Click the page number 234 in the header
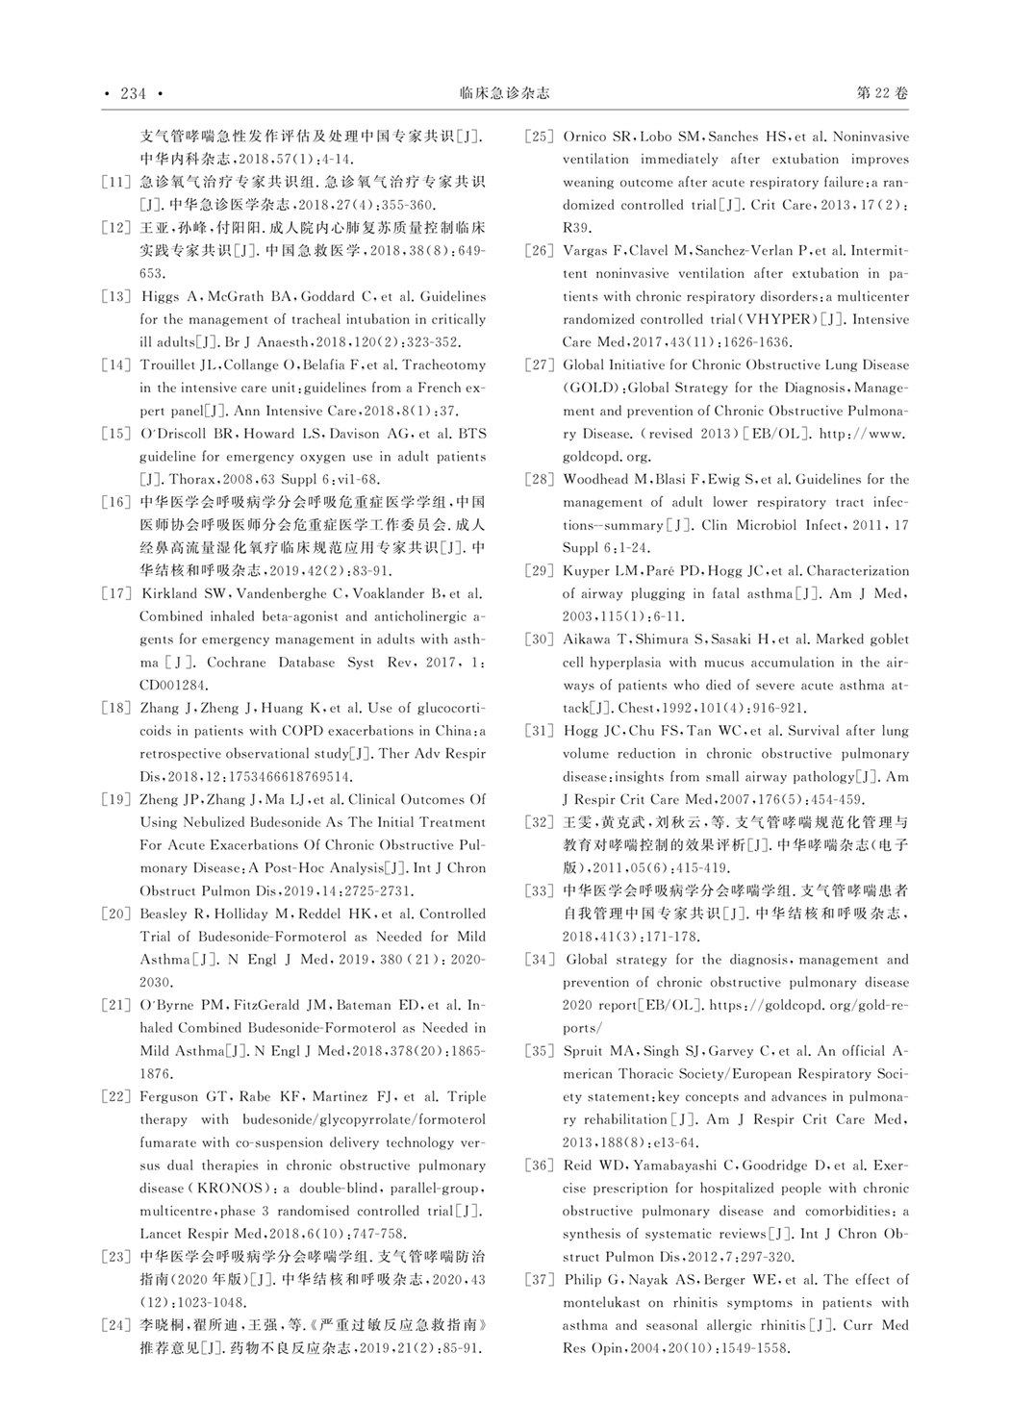[133, 93]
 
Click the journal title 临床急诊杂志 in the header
[505, 93]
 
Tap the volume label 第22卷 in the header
[881, 93]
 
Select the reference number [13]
[115, 296]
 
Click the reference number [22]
[115, 1096]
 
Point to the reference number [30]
[539, 639]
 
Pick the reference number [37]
[539, 1280]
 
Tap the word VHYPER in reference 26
[777, 319]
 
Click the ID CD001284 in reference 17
[174, 686]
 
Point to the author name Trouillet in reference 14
[170, 365]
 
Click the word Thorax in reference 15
[196, 479]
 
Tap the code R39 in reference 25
[576, 228]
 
